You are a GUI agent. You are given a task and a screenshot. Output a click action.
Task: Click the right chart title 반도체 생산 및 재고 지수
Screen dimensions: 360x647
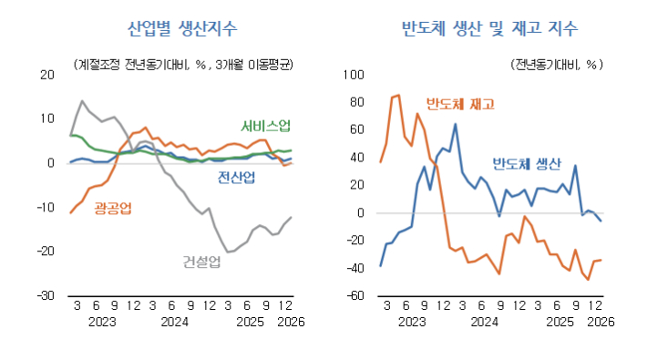(489, 28)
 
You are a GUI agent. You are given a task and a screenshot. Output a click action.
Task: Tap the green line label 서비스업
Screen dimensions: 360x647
(266, 126)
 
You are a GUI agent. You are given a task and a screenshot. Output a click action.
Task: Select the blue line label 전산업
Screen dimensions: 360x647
(236, 178)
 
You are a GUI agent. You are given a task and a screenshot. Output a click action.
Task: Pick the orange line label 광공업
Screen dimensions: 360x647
(113, 210)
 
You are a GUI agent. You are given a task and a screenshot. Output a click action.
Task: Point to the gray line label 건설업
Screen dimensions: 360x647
(201, 262)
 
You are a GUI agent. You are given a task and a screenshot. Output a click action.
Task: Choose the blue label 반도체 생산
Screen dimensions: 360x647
(526, 164)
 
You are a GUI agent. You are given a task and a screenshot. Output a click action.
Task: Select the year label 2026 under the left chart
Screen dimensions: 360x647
(290, 322)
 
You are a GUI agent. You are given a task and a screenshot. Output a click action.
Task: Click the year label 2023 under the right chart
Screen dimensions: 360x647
(411, 322)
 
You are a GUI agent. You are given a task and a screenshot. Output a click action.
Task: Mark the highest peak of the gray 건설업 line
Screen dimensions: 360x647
(82, 101)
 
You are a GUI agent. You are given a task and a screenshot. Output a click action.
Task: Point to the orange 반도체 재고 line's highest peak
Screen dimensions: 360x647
(398, 95)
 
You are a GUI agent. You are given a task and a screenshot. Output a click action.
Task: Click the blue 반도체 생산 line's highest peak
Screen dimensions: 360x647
(455, 124)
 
